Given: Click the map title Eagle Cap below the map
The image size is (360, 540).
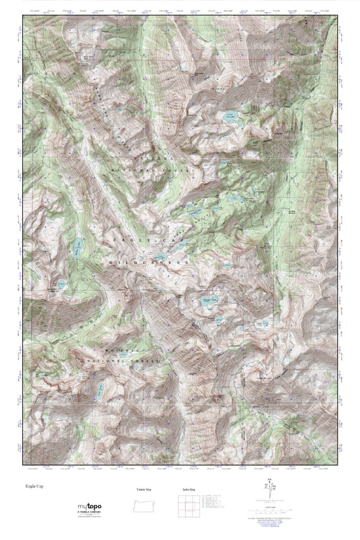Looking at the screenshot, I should pyautogui.click(x=34, y=485).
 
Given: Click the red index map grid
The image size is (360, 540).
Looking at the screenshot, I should pyautogui.click(x=188, y=506).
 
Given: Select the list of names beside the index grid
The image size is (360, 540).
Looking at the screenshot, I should pyautogui.click(x=215, y=505).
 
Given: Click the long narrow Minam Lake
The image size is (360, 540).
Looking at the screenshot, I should pyautogui.click(x=80, y=248).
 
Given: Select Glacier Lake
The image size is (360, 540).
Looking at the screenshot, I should pyautogui.click(x=207, y=301).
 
